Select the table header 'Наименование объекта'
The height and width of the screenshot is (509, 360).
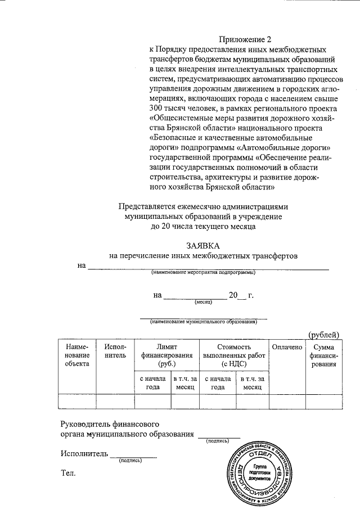[76, 355]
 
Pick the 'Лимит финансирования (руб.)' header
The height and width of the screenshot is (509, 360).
[166, 355]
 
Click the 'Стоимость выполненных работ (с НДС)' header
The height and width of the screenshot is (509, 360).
[233, 355]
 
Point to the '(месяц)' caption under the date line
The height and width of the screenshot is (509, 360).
[203, 302]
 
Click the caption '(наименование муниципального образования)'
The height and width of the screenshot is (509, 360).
[203, 322]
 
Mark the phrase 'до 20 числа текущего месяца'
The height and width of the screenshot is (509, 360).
[203, 227]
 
